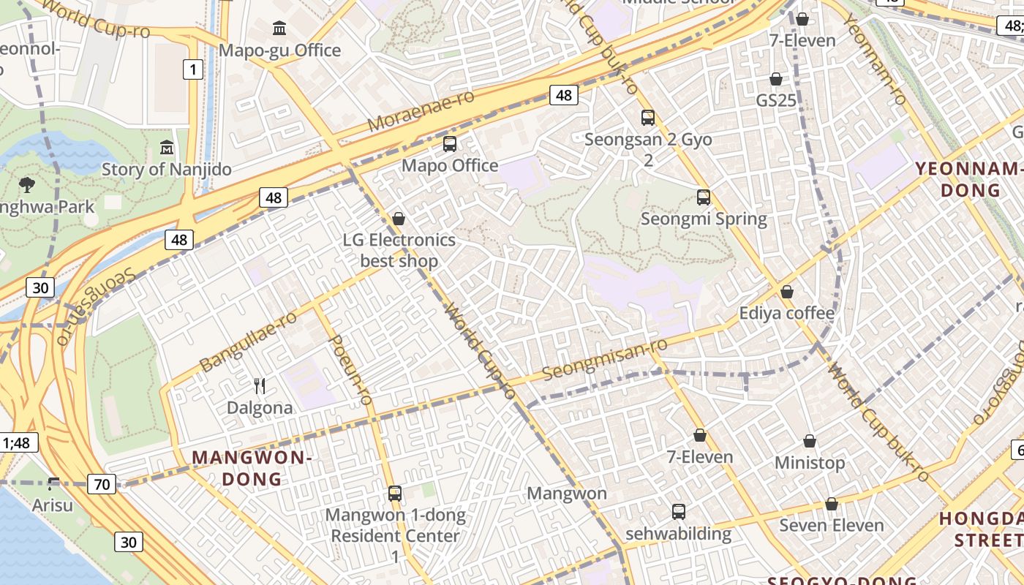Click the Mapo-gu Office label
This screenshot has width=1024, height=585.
tap(280, 50)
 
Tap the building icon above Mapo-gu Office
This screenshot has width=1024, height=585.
tap(279, 29)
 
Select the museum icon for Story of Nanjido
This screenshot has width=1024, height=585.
tap(166, 148)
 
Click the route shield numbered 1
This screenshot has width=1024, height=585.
tap(192, 69)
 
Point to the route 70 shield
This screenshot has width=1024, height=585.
tap(102, 483)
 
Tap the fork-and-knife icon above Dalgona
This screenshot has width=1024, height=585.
tap(260, 385)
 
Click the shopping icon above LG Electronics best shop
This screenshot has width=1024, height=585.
tap(399, 219)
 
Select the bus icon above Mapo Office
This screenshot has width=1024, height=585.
tap(450, 144)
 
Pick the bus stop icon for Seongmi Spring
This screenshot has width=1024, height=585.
tap(704, 197)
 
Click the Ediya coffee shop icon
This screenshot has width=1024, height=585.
tap(787, 292)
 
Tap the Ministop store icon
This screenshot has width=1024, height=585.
tap(810, 441)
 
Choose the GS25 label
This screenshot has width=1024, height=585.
tap(776, 100)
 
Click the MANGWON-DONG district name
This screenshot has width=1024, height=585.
tap(252, 469)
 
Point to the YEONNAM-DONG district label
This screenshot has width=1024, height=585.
tap(969, 180)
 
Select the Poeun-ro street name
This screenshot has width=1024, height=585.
tap(352, 370)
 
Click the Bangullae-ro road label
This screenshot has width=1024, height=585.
tap(248, 341)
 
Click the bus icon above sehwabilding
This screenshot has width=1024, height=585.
tap(679, 511)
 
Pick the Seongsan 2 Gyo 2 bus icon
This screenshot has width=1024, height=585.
tap(647, 117)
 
